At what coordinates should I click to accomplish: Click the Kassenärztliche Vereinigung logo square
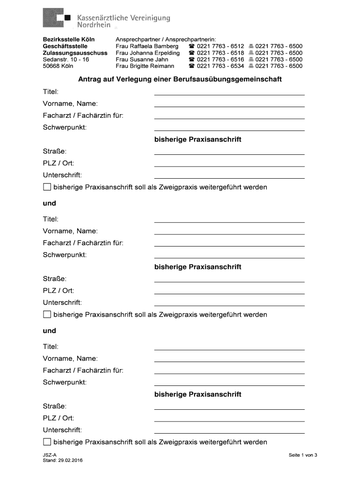click(56, 19)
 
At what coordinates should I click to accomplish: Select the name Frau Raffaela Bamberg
click(147, 46)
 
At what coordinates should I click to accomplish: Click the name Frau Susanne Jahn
click(142, 59)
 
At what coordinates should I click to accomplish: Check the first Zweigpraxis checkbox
click(47, 187)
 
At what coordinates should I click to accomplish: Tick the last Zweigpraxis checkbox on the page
click(47, 442)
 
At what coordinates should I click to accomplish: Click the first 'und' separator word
click(50, 203)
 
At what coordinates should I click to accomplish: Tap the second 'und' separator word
click(50, 331)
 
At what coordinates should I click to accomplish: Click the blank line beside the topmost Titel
click(229, 93)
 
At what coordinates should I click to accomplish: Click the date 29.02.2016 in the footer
click(71, 461)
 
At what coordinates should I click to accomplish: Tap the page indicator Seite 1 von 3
click(303, 455)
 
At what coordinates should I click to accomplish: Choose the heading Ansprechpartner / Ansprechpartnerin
click(166, 40)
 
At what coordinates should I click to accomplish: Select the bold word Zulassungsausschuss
click(75, 53)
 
